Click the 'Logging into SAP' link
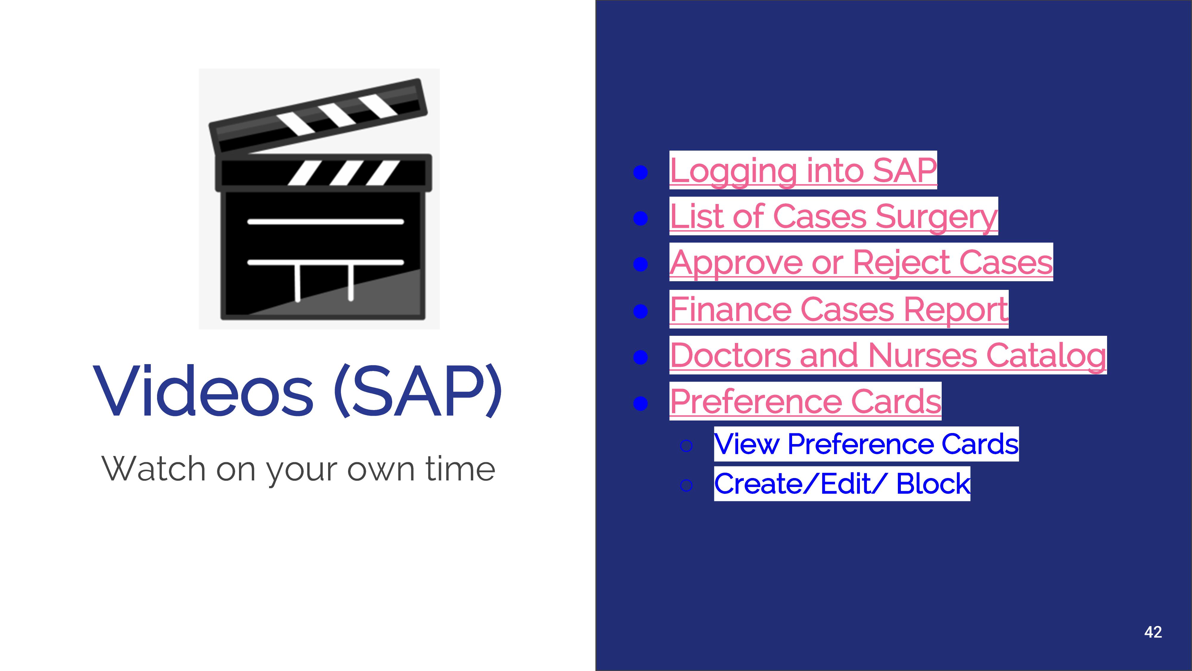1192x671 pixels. pos(803,170)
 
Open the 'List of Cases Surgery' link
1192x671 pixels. pos(834,216)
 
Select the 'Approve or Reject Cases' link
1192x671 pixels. pos(861,262)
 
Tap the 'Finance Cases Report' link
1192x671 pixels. pos(839,309)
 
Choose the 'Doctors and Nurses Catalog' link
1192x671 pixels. pos(888,355)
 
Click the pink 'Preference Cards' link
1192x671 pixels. pos(805,401)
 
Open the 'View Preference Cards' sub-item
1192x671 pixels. pos(866,444)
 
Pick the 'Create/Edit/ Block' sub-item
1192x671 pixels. pos(842,483)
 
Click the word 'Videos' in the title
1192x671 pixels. pos(204,391)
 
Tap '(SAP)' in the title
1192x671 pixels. pos(418,391)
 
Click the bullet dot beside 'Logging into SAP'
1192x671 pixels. pos(640,173)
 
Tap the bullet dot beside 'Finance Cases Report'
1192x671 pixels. pos(640,311)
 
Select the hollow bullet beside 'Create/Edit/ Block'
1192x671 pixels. pos(686,485)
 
